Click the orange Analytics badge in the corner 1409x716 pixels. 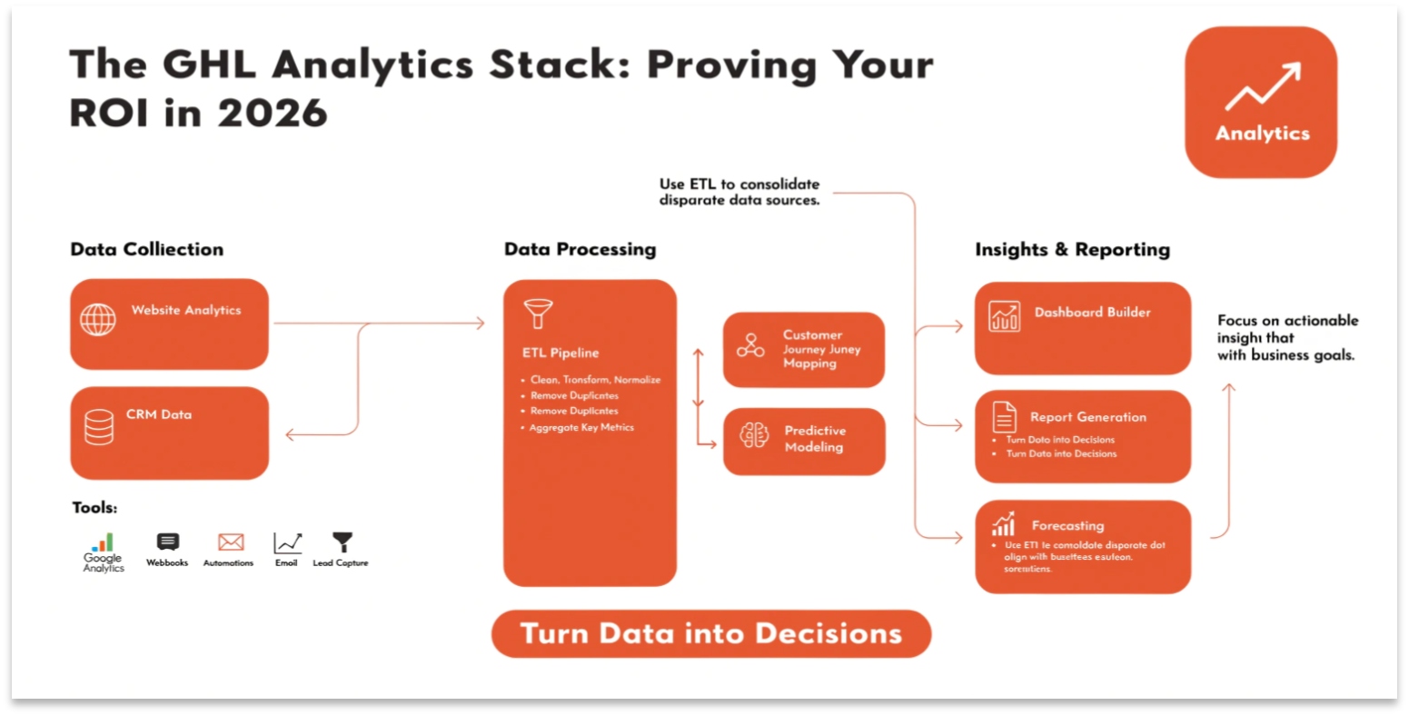[x=1260, y=102]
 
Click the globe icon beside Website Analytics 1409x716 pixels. [x=98, y=320]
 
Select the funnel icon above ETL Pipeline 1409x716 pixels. [x=538, y=313]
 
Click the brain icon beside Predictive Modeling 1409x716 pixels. [x=754, y=436]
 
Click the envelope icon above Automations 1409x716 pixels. [x=231, y=542]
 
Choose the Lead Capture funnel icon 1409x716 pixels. [x=342, y=542]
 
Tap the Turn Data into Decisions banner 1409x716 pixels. [x=710, y=633]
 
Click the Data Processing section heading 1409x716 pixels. [x=580, y=249]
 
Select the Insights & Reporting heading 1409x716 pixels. [x=1072, y=249]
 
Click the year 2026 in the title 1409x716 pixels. [x=273, y=114]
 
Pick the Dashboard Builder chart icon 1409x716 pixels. [x=1004, y=316]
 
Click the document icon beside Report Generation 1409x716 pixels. [x=1004, y=417]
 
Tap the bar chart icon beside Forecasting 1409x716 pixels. [x=1003, y=524]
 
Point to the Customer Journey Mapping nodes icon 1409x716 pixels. [x=750, y=345]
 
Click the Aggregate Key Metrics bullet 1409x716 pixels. [x=581, y=427]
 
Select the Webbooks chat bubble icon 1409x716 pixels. [x=168, y=542]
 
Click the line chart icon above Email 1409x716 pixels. [x=287, y=542]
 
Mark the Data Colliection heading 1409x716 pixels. [x=146, y=249]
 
